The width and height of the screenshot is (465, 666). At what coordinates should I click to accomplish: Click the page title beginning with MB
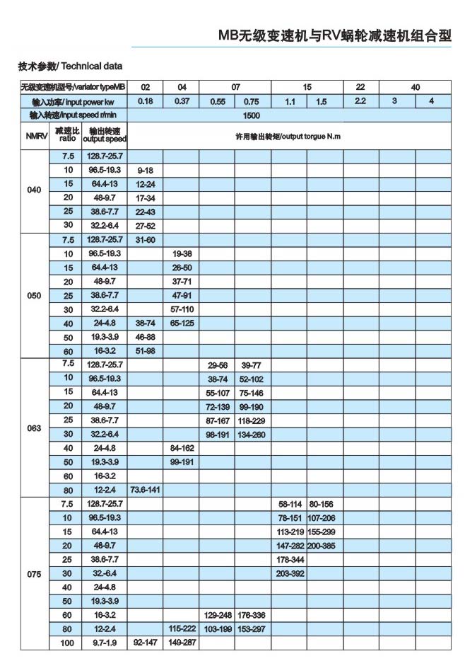coord(334,36)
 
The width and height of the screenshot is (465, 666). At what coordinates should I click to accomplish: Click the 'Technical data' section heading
coord(70,67)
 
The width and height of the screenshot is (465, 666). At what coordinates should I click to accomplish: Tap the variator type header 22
coord(360,87)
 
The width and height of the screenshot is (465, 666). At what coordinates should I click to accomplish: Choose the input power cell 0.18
coord(145,101)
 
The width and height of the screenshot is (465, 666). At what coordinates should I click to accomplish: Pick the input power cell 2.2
coord(360,101)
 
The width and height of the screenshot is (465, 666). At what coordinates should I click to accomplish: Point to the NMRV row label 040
coord(34,190)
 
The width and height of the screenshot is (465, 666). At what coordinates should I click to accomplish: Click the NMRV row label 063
coord(34,427)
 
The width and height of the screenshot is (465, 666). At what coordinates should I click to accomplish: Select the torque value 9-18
coord(145,171)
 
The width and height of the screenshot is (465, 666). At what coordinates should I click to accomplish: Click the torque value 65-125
coord(182,322)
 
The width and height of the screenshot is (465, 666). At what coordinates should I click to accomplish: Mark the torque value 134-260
coord(252,434)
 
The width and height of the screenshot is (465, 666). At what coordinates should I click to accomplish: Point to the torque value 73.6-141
coord(145,489)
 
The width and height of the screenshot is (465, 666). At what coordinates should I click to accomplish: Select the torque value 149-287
coord(182,643)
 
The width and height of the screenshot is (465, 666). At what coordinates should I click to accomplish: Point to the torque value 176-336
coord(252,614)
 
